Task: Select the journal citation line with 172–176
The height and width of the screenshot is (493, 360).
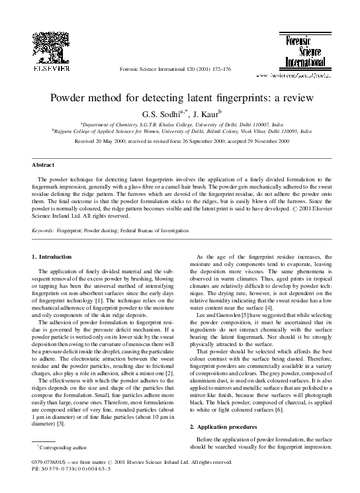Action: point(179,69)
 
